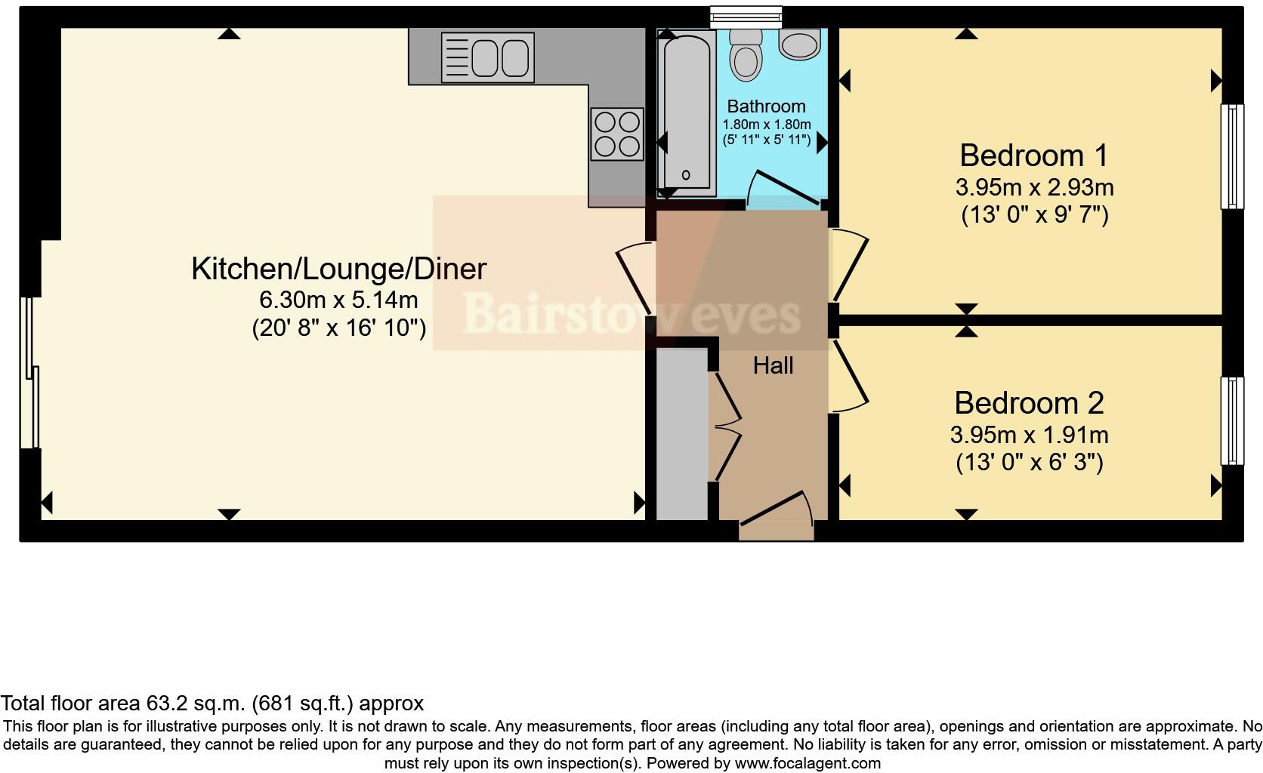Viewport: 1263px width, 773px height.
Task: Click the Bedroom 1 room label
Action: pos(1033,156)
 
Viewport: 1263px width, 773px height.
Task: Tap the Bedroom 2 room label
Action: pos(1029,402)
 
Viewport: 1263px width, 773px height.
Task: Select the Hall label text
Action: pos(773,366)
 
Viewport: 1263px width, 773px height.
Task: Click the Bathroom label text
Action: pos(766,106)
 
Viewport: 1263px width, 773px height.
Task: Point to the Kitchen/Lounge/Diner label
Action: pos(338,269)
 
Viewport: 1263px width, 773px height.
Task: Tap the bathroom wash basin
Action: pos(799,45)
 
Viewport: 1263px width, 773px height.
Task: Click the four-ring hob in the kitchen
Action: pos(617,134)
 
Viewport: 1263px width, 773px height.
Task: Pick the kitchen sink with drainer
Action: pos(487,57)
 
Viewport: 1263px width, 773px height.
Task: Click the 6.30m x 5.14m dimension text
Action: pos(338,300)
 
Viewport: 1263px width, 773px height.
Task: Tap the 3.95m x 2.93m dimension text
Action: pos(1034,186)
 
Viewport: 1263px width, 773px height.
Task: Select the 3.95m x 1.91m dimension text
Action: pos(1029,435)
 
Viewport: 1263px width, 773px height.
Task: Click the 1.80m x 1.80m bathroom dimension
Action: pos(767,125)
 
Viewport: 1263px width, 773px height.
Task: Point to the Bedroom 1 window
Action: pos(1233,156)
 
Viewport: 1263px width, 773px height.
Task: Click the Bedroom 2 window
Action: pos(1233,420)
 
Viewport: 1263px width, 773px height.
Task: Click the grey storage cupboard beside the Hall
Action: pos(681,434)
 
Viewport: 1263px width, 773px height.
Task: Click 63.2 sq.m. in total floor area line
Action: pos(195,704)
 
